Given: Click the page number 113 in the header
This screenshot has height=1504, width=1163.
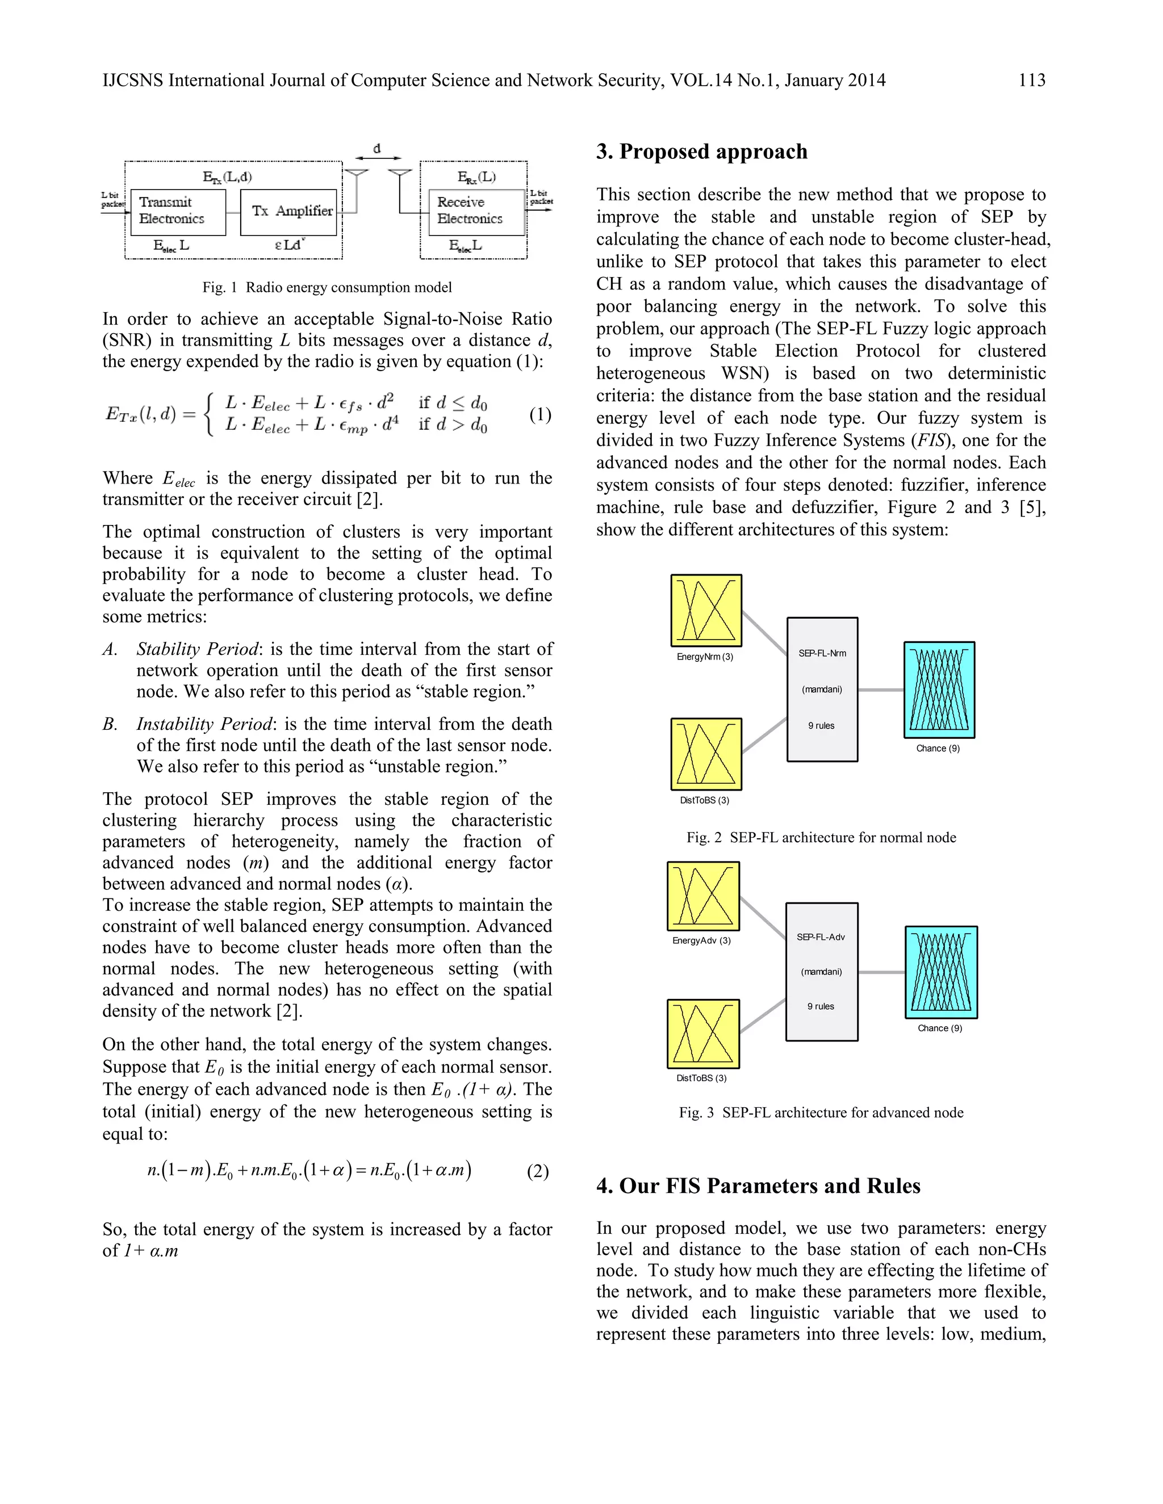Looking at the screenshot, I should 1031,81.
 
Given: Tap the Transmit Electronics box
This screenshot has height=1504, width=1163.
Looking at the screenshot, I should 178,212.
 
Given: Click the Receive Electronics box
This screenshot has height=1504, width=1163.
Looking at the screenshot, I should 476,212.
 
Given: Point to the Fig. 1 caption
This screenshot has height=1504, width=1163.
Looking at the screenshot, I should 327,287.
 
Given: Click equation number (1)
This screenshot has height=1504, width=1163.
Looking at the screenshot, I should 540,414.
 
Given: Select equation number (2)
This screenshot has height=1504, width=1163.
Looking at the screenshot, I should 537,1171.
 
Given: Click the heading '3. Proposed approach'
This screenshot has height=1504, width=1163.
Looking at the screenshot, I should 701,152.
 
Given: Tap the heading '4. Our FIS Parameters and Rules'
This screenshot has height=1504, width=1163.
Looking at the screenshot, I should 758,1187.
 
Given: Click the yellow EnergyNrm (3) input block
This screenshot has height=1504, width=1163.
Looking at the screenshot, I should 706,610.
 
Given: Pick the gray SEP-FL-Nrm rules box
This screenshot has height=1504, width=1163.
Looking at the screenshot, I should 822,690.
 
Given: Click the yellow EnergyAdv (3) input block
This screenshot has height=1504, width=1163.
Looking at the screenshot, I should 703,896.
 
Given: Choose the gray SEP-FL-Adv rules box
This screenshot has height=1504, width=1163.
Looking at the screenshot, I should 821,971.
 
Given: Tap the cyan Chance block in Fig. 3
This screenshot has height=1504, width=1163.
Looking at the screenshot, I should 940,972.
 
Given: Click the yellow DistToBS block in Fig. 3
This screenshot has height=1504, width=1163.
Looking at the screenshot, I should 703,1034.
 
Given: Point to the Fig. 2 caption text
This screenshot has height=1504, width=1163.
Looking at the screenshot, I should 821,837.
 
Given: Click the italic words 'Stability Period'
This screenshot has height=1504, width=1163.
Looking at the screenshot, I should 198,649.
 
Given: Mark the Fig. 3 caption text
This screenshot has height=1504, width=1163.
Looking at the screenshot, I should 821,1112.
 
